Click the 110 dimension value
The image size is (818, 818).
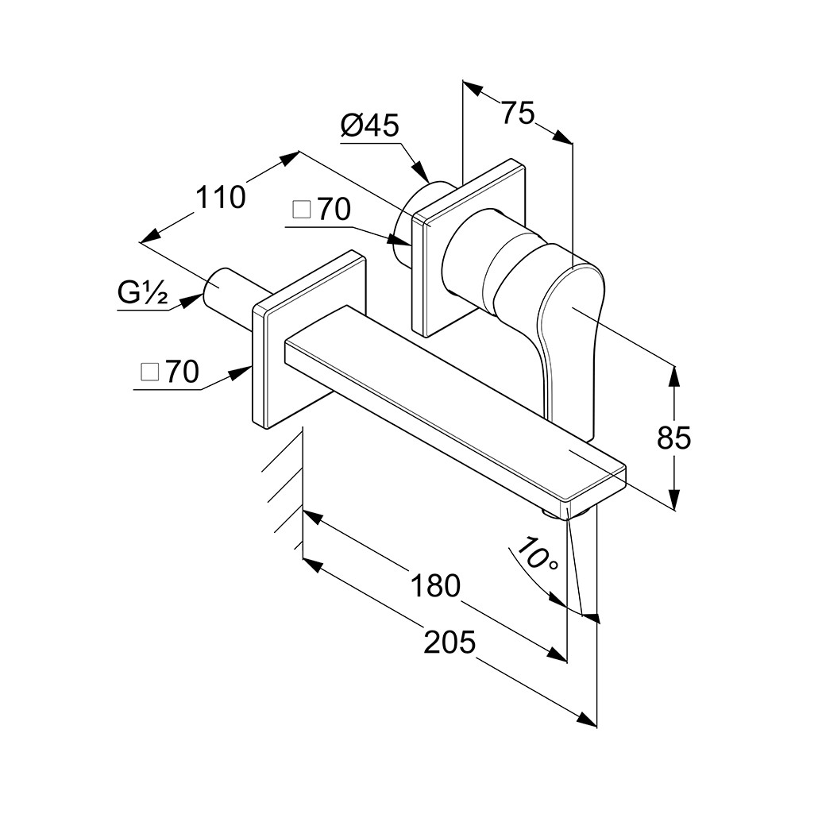(220, 198)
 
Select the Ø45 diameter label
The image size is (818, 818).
(369, 125)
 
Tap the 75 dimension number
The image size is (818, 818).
(518, 113)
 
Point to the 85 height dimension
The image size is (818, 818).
(673, 437)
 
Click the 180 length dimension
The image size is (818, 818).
(436, 585)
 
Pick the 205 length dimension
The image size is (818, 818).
(450, 642)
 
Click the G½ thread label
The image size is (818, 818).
(142, 294)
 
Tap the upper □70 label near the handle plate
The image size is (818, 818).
(322, 210)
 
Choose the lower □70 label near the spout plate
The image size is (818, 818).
(170, 372)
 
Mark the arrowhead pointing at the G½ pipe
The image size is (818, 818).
(192, 301)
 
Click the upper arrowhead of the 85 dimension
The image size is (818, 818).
(674, 376)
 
